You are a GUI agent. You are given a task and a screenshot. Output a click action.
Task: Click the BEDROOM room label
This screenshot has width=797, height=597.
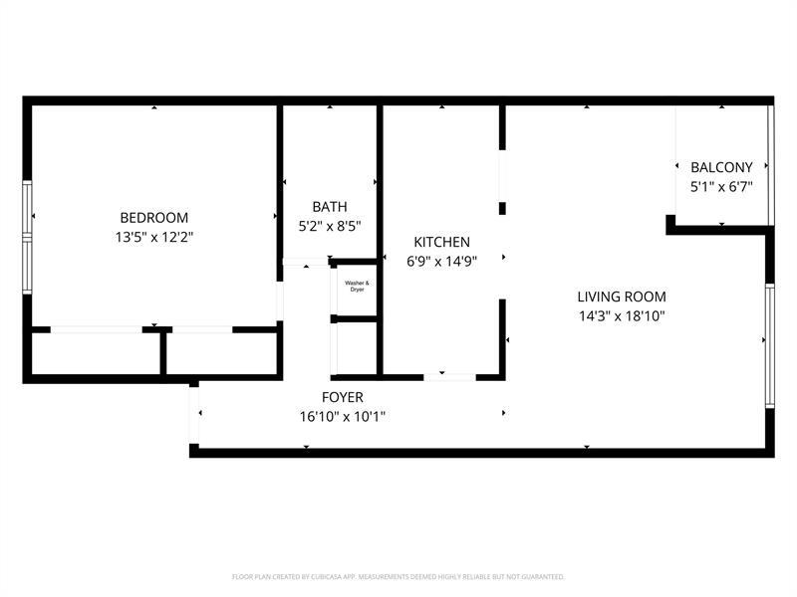(153, 218)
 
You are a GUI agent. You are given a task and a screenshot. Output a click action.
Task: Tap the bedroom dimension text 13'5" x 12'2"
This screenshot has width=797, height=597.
(153, 237)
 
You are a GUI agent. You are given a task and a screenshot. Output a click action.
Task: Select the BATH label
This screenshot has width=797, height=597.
(330, 207)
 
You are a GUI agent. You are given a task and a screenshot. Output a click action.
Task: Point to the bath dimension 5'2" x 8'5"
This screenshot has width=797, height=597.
(330, 226)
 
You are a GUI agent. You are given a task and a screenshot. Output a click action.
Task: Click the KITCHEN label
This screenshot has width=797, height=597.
(441, 242)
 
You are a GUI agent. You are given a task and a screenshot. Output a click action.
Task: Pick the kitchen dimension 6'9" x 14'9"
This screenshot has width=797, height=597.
(441, 262)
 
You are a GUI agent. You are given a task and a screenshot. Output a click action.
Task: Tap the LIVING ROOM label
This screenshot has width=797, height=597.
(622, 297)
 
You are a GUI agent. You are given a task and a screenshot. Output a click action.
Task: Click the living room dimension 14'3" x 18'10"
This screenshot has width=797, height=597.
(622, 316)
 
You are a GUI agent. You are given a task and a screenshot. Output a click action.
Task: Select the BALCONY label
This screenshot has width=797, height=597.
(721, 167)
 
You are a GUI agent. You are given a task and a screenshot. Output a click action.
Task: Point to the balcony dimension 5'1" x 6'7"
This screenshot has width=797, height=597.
(721, 186)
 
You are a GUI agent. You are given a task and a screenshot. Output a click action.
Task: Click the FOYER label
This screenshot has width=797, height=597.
(342, 397)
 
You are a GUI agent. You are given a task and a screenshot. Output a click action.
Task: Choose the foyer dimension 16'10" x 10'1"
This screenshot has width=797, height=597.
(342, 416)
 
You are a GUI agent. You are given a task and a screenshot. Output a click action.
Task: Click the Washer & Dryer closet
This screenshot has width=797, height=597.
(357, 289)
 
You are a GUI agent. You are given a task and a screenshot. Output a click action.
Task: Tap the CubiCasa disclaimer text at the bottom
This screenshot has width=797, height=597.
(398, 576)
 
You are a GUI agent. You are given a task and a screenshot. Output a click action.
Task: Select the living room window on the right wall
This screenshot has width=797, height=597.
(769, 345)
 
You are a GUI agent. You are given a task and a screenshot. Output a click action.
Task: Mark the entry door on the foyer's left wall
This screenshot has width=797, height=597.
(195, 413)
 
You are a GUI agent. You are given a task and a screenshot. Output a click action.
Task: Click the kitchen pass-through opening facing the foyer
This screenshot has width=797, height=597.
(449, 377)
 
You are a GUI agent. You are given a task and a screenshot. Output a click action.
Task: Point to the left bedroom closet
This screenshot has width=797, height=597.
(96, 352)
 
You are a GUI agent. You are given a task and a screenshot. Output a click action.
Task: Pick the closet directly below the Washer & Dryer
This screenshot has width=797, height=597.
(356, 348)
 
